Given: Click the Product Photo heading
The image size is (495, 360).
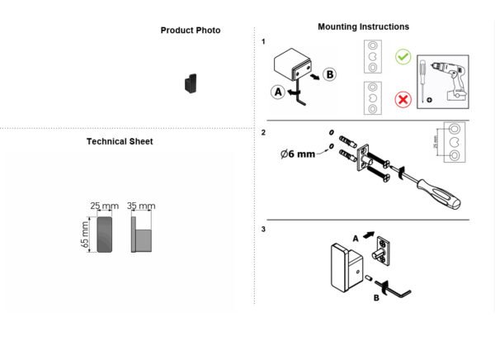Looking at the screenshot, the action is [191, 31].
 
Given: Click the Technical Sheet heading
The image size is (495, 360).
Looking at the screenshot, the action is [120, 141].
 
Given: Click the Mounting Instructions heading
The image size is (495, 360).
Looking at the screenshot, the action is [363, 26].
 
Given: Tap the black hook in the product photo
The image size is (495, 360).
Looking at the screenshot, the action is [191, 83].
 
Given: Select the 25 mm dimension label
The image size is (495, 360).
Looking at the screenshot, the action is [105, 206].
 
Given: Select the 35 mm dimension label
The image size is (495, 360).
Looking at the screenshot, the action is [141, 206].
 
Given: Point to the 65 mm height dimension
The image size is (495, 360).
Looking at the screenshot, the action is [85, 234].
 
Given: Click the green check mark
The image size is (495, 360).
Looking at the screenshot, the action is [403, 57].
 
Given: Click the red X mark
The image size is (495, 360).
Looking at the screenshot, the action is [403, 100].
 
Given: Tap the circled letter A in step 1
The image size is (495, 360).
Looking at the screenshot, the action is [278, 92].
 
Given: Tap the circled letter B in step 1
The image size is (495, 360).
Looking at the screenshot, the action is [329, 74].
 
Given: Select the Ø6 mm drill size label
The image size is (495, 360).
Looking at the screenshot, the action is [298, 154].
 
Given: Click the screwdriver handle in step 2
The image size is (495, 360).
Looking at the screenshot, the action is [440, 194].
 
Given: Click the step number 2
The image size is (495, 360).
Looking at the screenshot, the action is [263, 132].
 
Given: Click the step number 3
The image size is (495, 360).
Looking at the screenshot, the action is [263, 230].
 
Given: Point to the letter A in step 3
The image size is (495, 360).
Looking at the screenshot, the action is [356, 239].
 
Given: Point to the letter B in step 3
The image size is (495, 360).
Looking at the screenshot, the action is [376, 298].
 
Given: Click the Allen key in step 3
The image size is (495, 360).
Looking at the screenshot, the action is [394, 289].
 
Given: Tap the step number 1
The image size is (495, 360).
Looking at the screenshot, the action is [263, 42].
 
